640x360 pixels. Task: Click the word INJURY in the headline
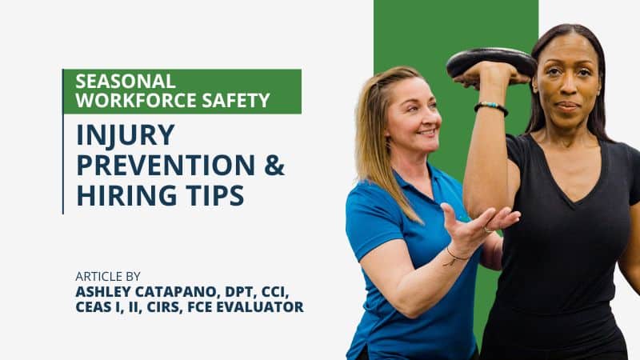125,135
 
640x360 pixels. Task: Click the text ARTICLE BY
108,276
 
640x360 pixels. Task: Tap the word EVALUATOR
266,306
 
